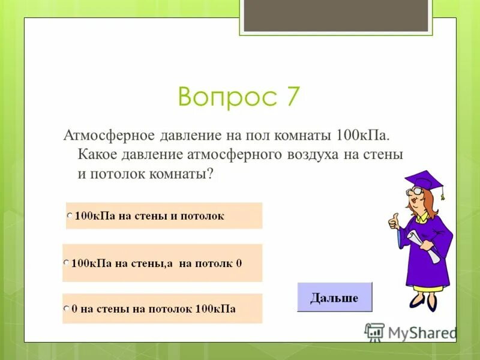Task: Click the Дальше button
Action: click(334, 297)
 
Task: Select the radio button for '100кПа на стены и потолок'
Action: click(70, 215)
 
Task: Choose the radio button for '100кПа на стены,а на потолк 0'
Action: click(66, 263)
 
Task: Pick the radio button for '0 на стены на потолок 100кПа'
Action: click(66, 310)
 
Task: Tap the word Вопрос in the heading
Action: click(221, 97)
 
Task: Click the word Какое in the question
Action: click(98, 154)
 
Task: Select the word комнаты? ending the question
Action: click(183, 174)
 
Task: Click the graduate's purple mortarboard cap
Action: click(423, 179)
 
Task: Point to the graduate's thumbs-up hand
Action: click(394, 221)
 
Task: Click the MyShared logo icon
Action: click(374, 332)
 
